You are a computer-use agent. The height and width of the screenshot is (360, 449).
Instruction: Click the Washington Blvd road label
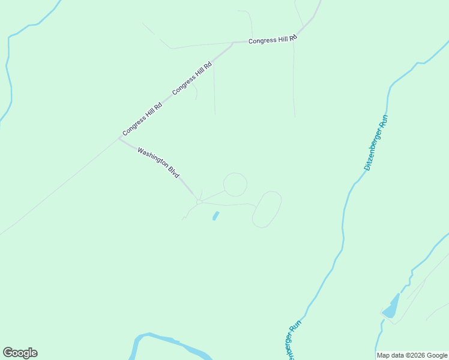click(158, 162)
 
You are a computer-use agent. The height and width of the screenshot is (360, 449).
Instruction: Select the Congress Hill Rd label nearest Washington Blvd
click(142, 119)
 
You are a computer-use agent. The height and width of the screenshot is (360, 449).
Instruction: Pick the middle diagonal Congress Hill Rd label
click(192, 79)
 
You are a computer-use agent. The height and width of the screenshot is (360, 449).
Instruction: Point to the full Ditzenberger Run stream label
click(376, 142)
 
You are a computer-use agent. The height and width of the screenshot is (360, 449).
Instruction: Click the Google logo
click(20, 353)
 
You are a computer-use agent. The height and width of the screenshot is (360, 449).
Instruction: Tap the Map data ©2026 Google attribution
click(412, 355)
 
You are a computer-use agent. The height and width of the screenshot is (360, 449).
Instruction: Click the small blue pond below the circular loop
click(215, 215)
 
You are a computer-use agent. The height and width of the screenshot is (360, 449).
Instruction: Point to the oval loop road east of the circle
click(267, 193)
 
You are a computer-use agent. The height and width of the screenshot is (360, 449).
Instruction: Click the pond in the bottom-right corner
click(391, 308)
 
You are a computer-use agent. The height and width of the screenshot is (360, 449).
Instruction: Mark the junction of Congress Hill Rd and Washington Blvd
click(118, 139)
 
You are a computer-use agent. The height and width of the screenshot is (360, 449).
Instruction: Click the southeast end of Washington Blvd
click(197, 199)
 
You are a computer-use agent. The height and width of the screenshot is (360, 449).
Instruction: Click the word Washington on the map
click(152, 157)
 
